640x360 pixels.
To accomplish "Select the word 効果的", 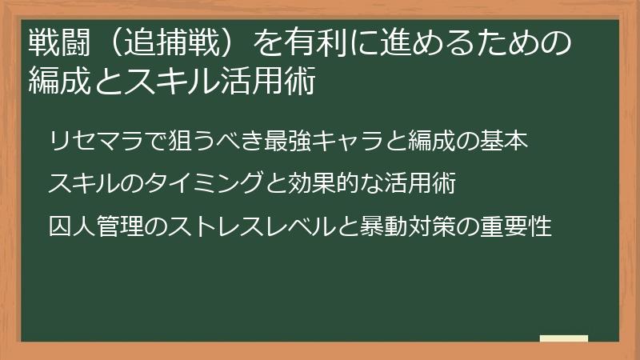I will click(321, 184).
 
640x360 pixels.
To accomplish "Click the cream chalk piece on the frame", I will click(564, 338).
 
